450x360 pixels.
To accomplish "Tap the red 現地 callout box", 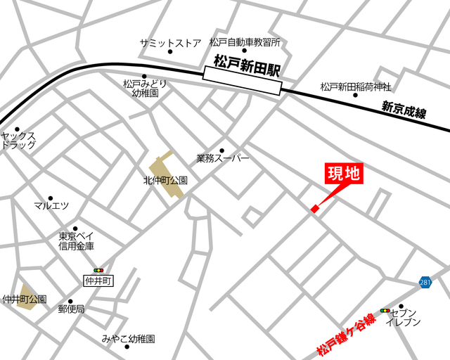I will coord(344,174).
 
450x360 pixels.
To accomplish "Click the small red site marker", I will coord(314,208).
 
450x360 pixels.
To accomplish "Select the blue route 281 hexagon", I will coord(425,282).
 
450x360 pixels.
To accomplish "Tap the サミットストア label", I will coord(170,42).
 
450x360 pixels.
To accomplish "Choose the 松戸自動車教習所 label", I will coord(245,42).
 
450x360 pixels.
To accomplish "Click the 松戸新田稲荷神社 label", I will coord(355,86).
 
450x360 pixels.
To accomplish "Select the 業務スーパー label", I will coord(223,159).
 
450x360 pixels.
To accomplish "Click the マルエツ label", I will coord(51,206).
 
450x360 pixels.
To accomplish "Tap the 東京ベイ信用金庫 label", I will coord(77,241).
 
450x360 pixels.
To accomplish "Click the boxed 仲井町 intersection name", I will coord(98,281).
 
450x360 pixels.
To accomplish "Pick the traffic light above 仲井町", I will coord(98,270).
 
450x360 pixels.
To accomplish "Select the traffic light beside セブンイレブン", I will coord(385,310).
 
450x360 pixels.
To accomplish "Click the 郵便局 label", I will coord(71,309).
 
